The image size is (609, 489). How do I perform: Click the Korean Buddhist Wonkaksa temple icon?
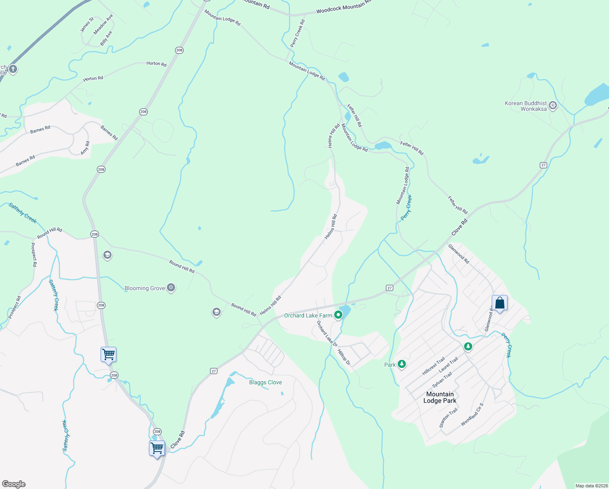553,106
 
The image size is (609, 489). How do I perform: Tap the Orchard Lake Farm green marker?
338,315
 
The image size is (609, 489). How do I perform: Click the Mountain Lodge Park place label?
440,397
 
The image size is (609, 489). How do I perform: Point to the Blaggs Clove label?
265,382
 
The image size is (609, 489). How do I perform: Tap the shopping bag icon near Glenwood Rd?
499,303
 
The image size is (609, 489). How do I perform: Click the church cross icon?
13,69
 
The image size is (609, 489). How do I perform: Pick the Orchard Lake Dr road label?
327,334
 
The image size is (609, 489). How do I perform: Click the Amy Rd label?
85,148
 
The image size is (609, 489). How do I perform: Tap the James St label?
87,25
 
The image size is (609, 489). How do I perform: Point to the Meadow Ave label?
103,24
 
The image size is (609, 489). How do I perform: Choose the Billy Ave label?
106,38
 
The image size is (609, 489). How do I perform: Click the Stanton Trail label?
448,418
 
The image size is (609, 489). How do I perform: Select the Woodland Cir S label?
472,415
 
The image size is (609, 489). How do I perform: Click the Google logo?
13,484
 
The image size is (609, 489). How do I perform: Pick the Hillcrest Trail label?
434,366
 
